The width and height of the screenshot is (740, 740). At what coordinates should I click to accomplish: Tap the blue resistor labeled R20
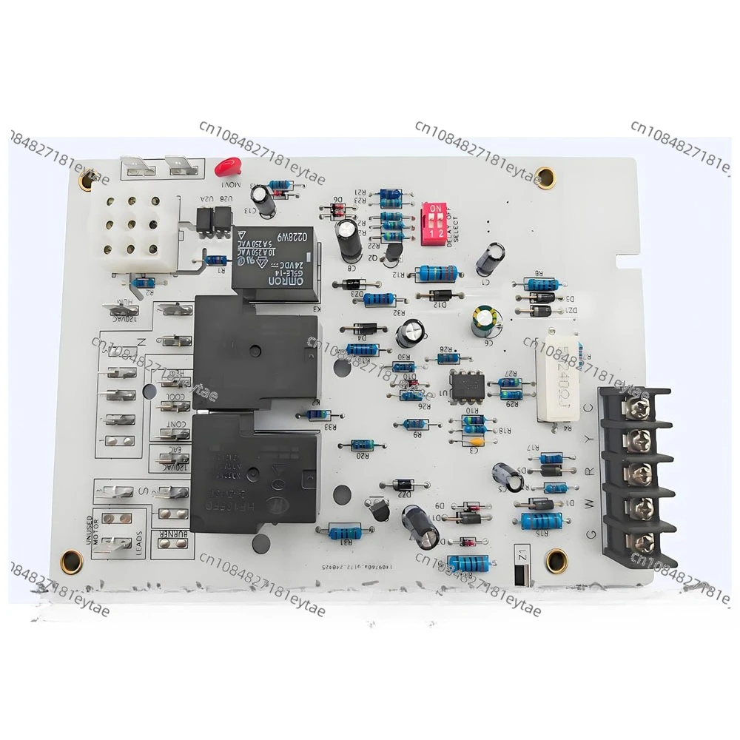click(x=362, y=444)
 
